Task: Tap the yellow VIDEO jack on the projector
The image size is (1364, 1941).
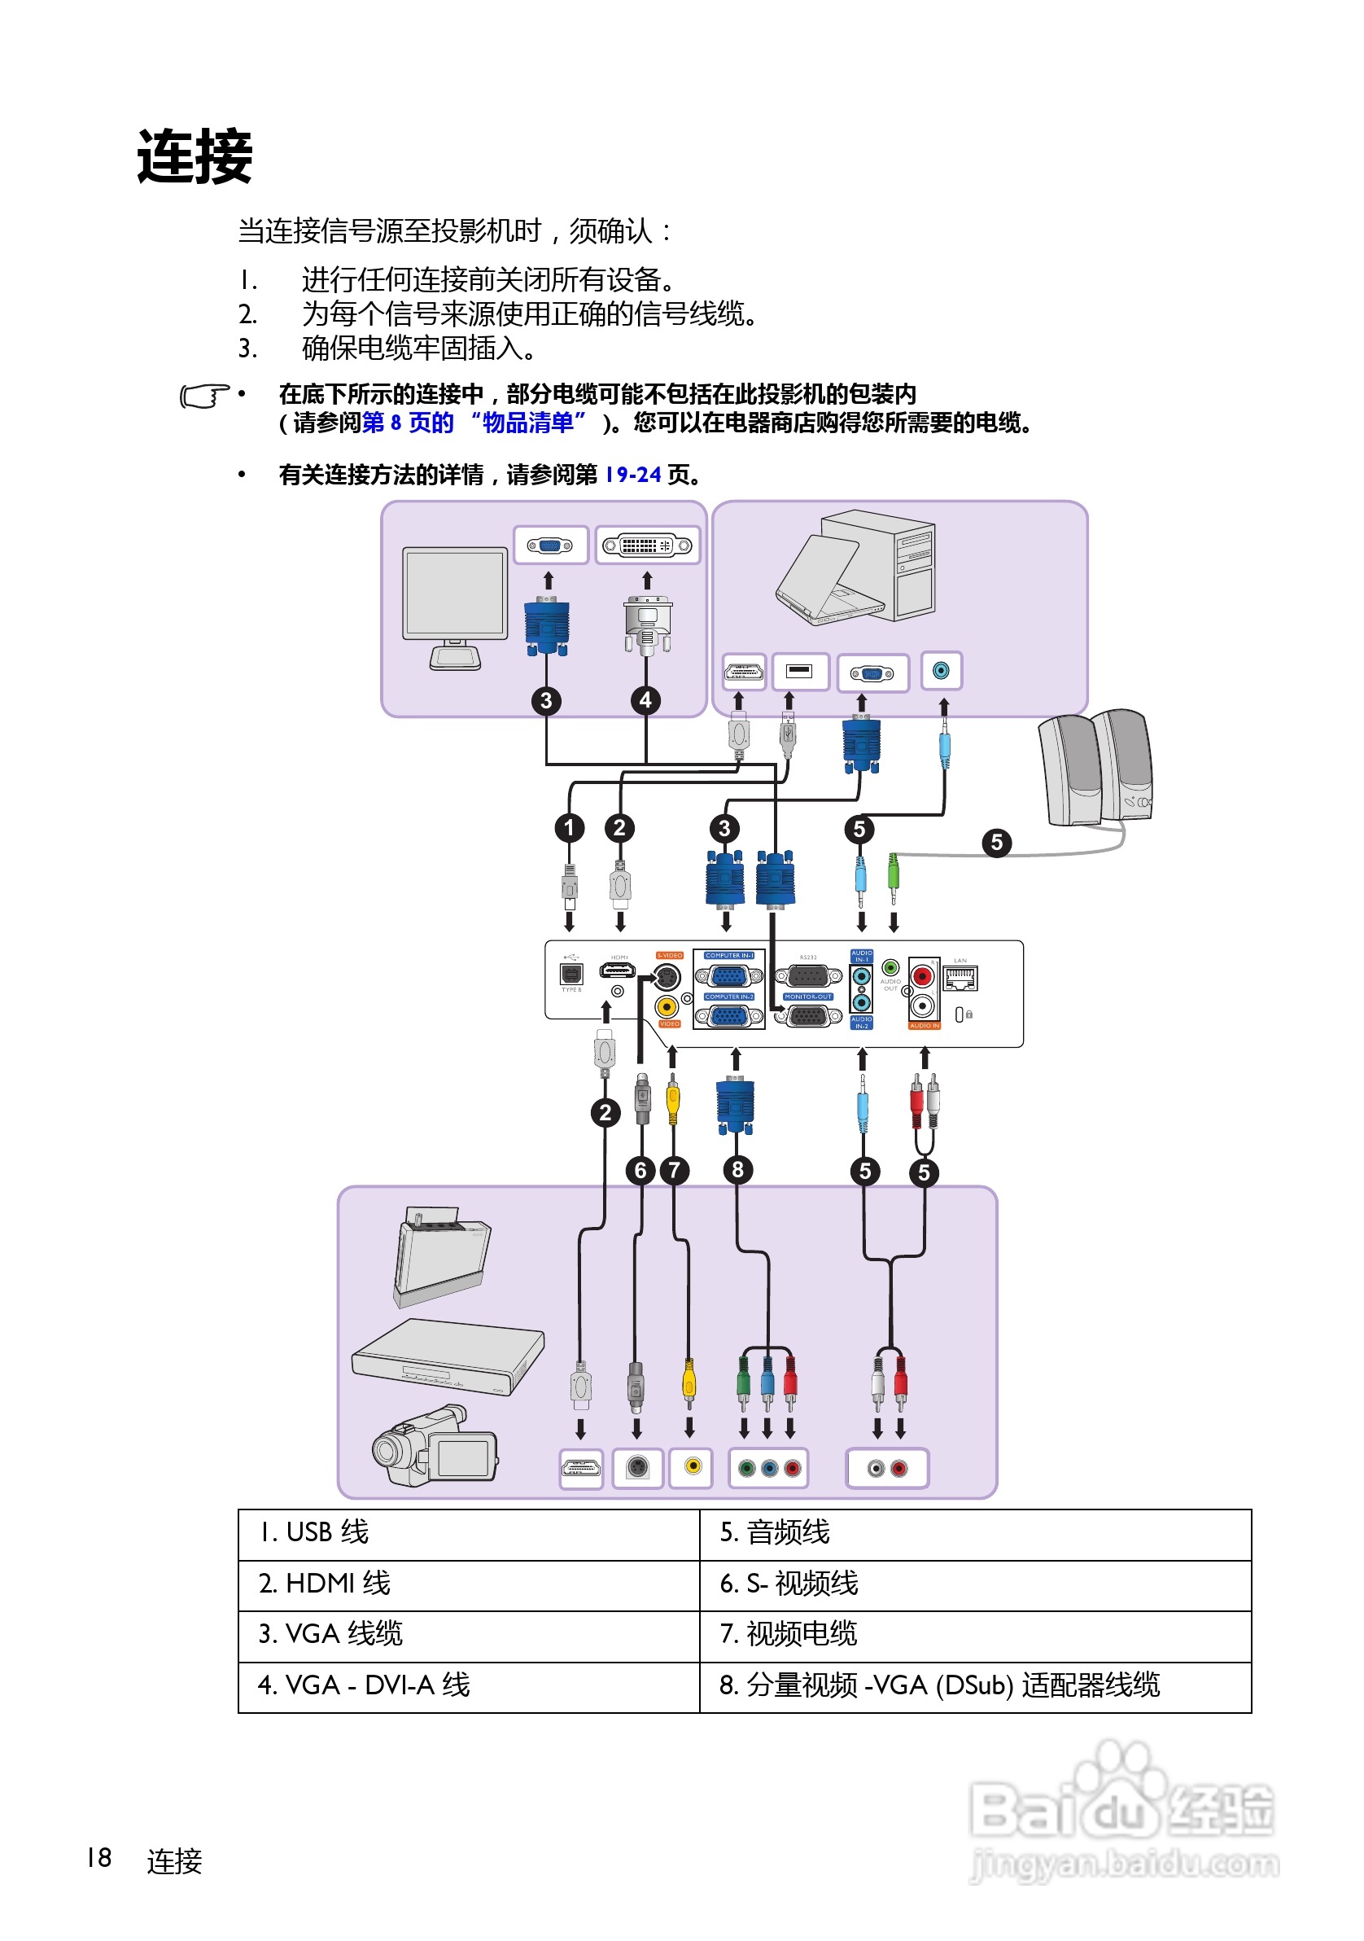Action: click(x=666, y=1006)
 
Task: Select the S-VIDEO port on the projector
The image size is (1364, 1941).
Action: click(x=667, y=977)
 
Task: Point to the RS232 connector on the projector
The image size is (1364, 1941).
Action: click(x=808, y=976)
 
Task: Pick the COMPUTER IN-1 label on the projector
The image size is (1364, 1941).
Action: click(x=728, y=955)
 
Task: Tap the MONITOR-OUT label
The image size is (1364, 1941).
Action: click(x=808, y=997)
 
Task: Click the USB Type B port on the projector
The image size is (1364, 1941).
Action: click(x=571, y=974)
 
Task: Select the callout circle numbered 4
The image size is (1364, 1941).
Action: click(x=645, y=700)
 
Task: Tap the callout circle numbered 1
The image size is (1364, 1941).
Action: click(x=569, y=828)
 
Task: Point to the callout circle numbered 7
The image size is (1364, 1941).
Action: click(x=674, y=1170)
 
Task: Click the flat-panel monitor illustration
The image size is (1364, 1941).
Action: click(x=455, y=604)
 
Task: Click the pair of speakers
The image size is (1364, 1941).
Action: click(x=1095, y=768)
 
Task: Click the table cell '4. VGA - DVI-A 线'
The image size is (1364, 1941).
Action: click(x=468, y=1685)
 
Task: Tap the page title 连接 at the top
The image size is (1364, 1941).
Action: click(x=195, y=157)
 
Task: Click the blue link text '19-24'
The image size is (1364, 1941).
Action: click(x=632, y=475)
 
